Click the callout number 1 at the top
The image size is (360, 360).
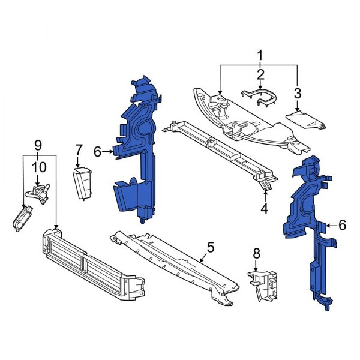coord(260,56)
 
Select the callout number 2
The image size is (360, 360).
coord(260,74)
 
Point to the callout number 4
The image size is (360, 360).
coord(265,209)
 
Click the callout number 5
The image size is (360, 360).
coord(210,247)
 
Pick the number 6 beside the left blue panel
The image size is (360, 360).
coord(97,152)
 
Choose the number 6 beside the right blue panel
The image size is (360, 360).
coord(342,225)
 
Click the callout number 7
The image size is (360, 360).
coord(78,149)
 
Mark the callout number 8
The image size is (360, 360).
coord(256,254)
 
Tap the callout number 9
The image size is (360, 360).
coord(38,145)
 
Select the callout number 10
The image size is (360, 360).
coord(38,166)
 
